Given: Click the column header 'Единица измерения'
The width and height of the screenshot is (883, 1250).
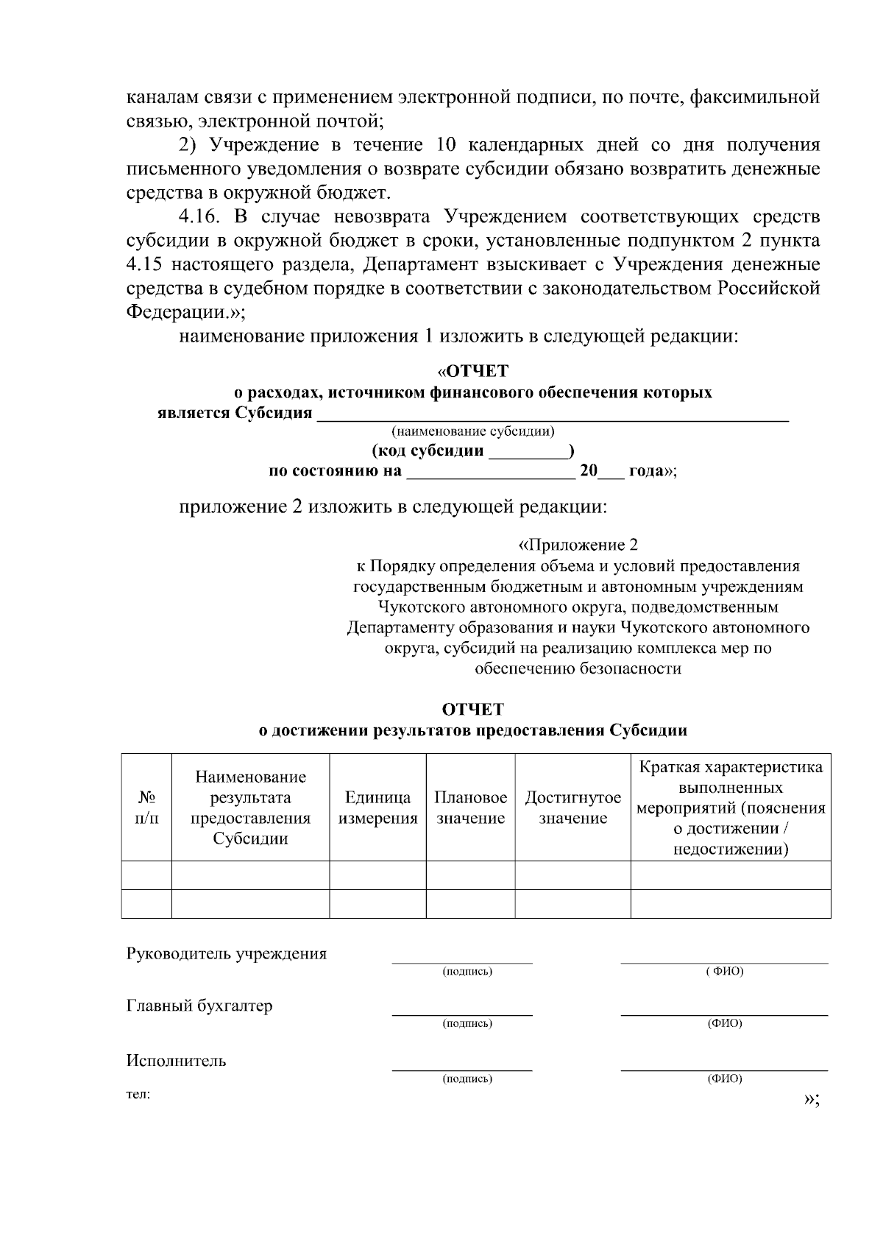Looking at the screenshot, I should pyautogui.click(x=377, y=808).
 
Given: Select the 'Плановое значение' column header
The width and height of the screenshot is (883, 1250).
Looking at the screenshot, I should pyautogui.click(x=470, y=808).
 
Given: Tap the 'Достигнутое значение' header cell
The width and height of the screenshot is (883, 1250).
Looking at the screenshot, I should pyautogui.click(x=572, y=808).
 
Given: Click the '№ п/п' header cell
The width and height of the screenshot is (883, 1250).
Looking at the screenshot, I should pyautogui.click(x=146, y=808).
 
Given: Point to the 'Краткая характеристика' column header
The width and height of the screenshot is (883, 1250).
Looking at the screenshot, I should pyautogui.click(x=731, y=808).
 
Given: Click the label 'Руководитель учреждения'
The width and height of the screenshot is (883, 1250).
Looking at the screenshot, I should pyautogui.click(x=227, y=954).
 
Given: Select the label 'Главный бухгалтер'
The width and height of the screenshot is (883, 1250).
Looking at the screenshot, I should pyautogui.click(x=199, y=1006).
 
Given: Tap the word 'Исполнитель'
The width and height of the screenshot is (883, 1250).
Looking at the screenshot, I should pyautogui.click(x=177, y=1061).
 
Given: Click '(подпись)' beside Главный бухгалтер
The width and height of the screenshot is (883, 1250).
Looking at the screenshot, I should pyautogui.click(x=467, y=1024).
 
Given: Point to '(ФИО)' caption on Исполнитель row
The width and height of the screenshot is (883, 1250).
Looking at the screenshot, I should pyautogui.click(x=725, y=1079).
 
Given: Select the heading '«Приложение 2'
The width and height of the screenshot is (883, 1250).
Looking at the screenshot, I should pyautogui.click(x=578, y=545).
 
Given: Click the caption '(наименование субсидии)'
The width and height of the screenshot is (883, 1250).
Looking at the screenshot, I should pyautogui.click(x=473, y=431).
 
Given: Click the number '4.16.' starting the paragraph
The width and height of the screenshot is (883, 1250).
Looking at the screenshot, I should pyautogui.click(x=201, y=216).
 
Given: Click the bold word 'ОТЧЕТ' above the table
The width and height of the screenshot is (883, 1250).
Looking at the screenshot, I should pyautogui.click(x=472, y=709).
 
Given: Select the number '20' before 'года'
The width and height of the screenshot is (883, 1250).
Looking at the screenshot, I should pyautogui.click(x=588, y=471).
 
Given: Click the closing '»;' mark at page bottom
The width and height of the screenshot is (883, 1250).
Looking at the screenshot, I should pyautogui.click(x=812, y=1099).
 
